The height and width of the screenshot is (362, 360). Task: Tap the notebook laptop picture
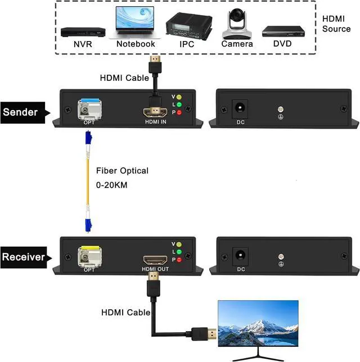tap(135, 23)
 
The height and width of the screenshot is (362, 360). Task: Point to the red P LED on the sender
tap(179, 113)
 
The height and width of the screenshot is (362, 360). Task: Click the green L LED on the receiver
tap(179, 252)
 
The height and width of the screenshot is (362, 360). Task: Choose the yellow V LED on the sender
tap(179, 96)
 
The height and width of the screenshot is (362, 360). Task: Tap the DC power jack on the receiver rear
tap(241, 254)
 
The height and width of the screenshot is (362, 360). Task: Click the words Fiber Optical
tap(122, 170)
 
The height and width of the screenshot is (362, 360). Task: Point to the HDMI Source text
tap(336, 22)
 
